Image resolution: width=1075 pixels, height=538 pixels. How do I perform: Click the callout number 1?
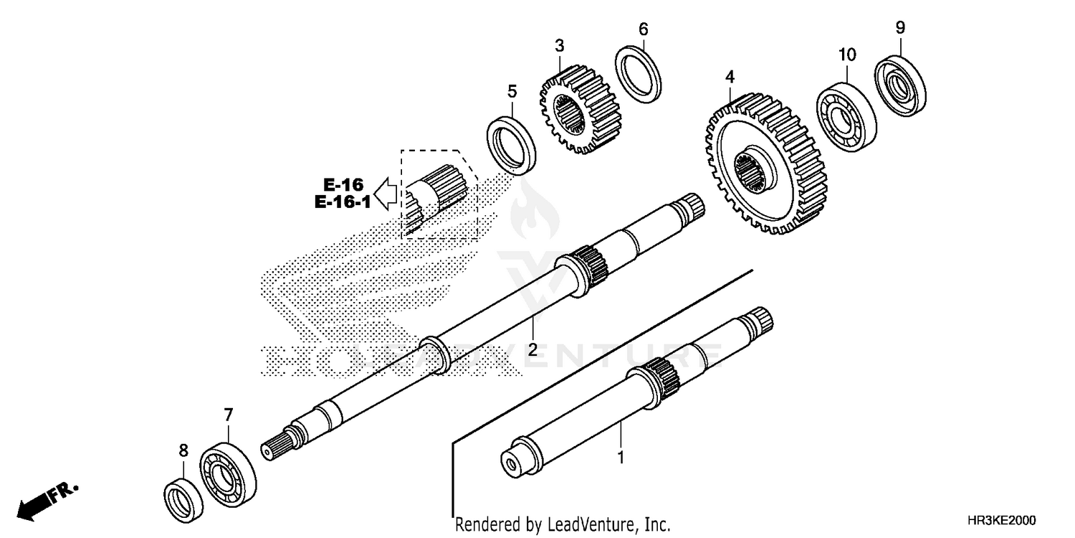621,456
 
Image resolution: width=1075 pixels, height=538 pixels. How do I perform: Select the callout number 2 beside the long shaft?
532,350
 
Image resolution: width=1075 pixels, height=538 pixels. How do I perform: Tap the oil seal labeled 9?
899,84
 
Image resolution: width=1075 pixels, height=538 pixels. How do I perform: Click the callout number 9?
900,28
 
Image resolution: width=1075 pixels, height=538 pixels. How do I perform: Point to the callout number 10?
846,55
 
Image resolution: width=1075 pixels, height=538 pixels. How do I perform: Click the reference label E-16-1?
342,202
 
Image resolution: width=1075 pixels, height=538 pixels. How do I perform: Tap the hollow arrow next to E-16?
387,193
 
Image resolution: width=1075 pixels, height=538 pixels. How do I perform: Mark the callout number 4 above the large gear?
730,76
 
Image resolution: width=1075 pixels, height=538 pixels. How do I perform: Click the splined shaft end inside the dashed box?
437,194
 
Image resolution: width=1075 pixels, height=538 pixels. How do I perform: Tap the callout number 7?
228,415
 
